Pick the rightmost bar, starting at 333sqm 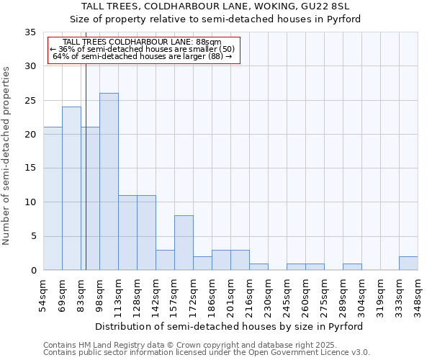408,264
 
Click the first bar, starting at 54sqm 53,199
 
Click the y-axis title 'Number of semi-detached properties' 7,156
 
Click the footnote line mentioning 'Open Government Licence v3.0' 207,353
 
